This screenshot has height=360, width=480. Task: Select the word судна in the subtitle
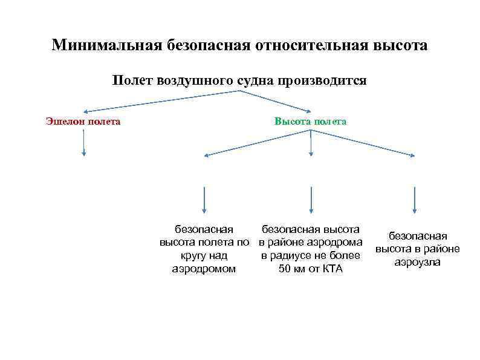[255, 80]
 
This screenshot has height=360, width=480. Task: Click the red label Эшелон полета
[83, 122]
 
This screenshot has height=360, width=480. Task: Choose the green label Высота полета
[310, 122]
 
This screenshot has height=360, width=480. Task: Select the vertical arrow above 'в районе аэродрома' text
[311, 200]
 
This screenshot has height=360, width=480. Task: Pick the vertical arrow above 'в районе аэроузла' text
[414, 200]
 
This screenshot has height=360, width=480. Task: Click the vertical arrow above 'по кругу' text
[204, 200]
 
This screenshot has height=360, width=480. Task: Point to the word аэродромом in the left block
[204, 269]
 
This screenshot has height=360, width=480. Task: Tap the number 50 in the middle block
[284, 269]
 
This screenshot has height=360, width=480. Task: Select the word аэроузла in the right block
[418, 262]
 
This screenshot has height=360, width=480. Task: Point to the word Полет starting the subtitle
[132, 80]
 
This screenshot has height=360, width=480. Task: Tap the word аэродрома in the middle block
[336, 243]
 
